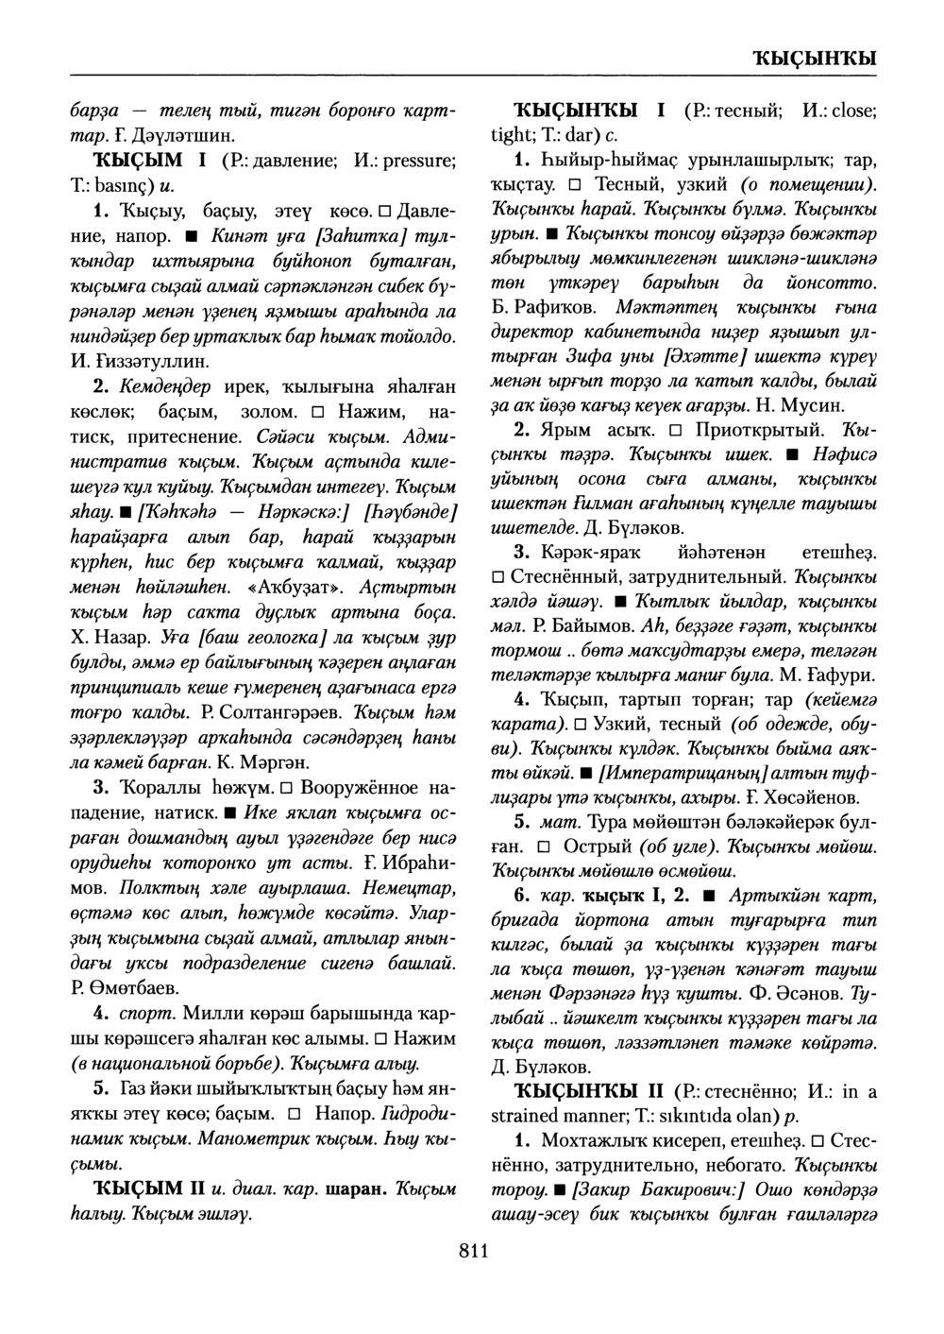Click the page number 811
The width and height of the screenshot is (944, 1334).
(x=472, y=1252)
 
